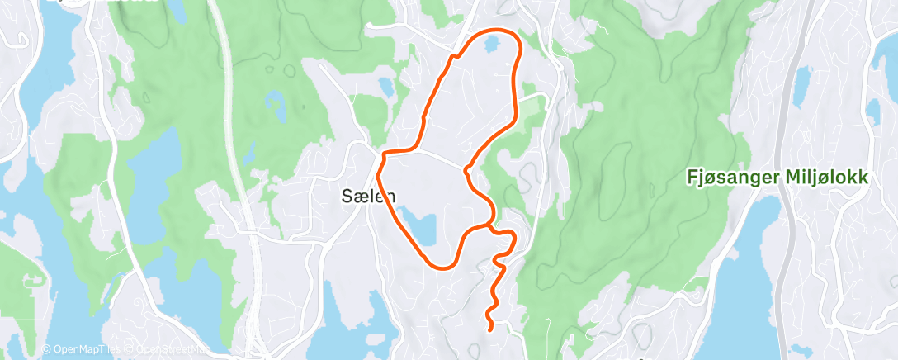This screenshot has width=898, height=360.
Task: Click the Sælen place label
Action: pos(368,197)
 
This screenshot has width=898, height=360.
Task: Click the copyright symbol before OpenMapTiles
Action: pos(46,350)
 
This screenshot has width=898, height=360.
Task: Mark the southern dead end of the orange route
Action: pos(490,329)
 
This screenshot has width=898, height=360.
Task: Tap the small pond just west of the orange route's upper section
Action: pos(385,85)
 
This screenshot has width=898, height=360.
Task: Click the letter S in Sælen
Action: pos(347,197)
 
